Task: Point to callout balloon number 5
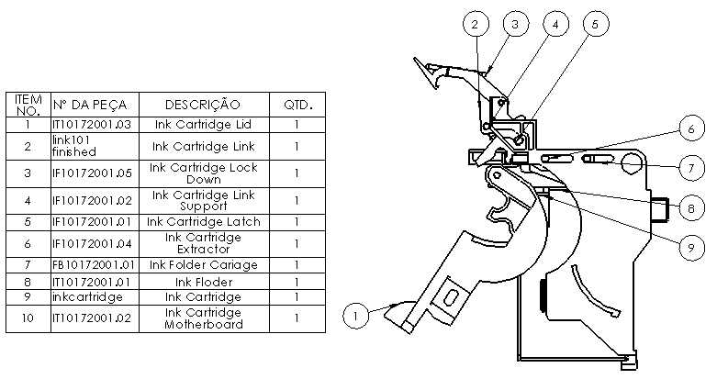click(594, 25)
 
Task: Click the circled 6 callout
click(692, 130)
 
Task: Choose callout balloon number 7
click(692, 168)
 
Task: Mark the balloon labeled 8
click(692, 207)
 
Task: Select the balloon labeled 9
click(692, 245)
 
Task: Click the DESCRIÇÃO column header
click(203, 105)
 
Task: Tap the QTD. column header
click(297, 105)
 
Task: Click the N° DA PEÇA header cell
click(95, 105)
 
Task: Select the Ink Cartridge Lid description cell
click(203, 124)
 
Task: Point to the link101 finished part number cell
click(95, 146)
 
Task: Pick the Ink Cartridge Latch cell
click(203, 221)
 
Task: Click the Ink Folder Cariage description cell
click(203, 265)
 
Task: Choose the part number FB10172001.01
click(95, 265)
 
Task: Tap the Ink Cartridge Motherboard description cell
click(203, 318)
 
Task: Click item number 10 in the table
click(28, 318)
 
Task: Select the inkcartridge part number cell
click(95, 297)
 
